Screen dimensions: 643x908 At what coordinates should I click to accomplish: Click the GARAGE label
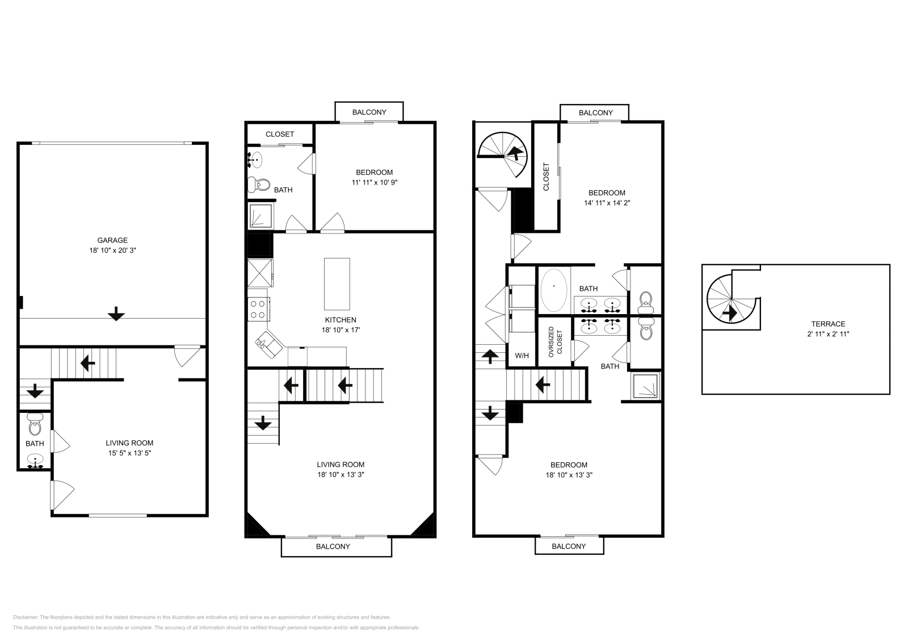point(112,240)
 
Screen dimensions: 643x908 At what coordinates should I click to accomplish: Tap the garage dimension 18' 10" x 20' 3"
point(112,250)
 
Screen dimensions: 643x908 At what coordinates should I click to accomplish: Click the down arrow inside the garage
point(116,314)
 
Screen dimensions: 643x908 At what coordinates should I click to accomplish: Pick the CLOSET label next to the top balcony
point(280,134)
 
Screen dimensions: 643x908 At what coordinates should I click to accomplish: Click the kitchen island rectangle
point(337,283)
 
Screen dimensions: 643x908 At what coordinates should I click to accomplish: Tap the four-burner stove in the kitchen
point(258,309)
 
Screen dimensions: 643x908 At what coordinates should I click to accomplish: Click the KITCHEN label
point(340,320)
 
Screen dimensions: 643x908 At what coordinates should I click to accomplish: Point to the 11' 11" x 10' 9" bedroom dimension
point(374,182)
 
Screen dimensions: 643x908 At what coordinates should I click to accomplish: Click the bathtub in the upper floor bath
point(553,289)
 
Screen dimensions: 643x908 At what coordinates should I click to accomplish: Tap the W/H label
point(522,356)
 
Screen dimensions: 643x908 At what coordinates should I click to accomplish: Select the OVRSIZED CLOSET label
point(554,341)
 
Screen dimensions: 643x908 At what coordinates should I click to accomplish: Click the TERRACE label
point(828,324)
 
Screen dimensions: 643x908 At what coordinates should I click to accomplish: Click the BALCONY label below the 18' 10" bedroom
point(569,546)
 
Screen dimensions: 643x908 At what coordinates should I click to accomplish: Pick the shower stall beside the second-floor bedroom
point(260,216)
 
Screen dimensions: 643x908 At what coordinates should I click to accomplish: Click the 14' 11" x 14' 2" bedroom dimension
point(607,203)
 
